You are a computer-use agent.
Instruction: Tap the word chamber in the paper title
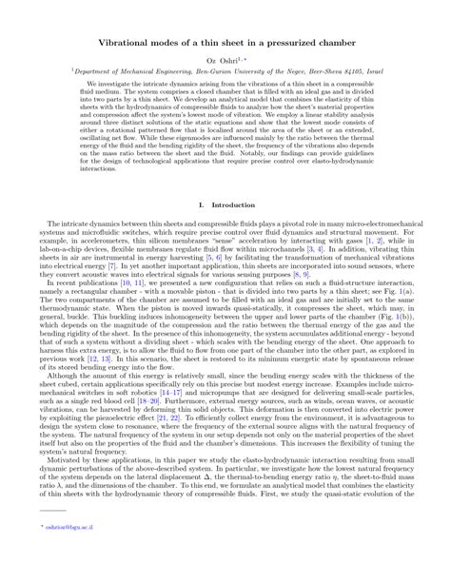[x=311, y=45]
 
